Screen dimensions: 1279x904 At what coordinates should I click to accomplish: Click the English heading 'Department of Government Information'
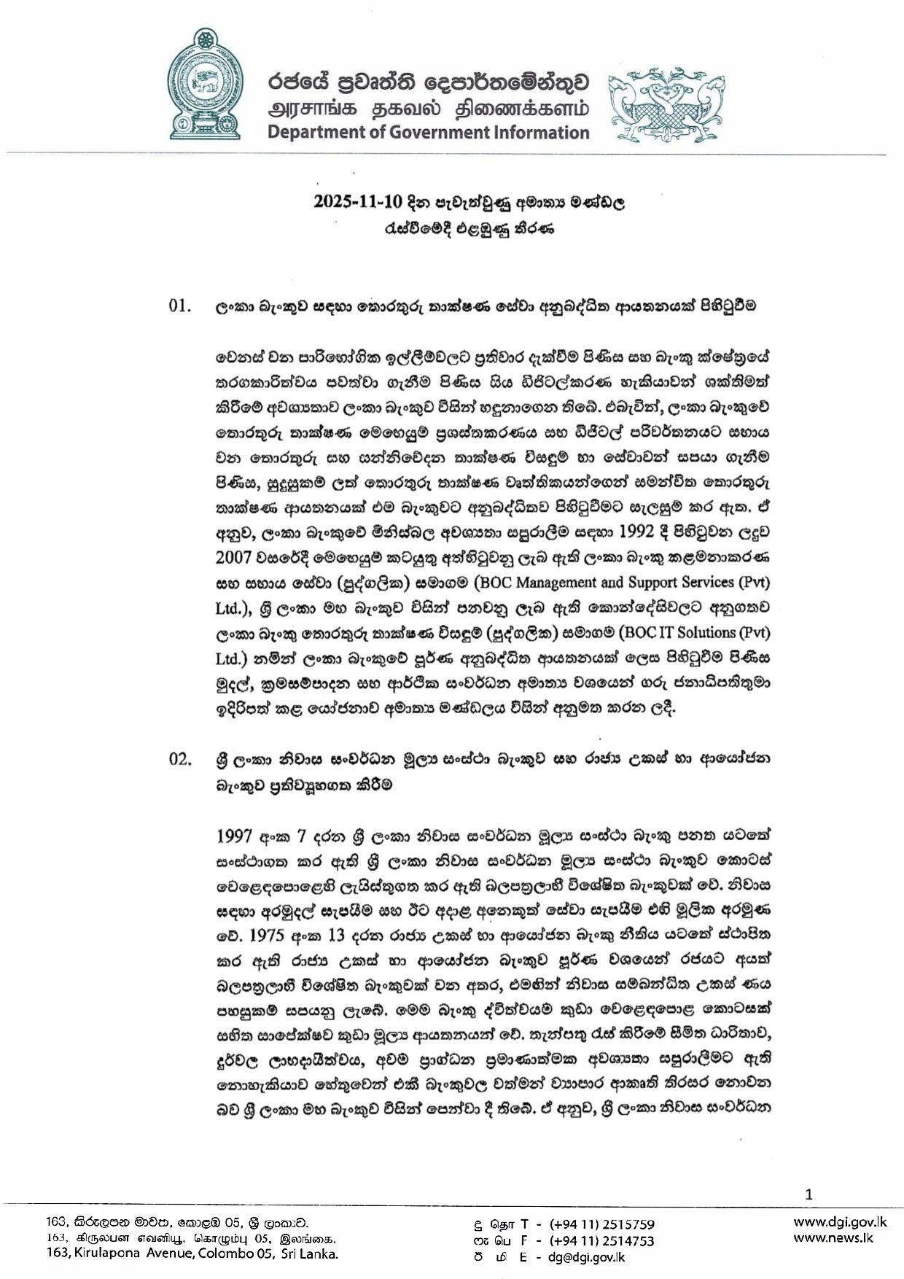428,132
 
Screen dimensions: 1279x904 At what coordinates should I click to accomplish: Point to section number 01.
179,306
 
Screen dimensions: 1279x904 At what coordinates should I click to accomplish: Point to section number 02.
179,758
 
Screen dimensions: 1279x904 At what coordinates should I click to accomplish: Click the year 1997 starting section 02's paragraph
235,833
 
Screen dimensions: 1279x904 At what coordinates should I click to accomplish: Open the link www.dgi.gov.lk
839,1222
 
